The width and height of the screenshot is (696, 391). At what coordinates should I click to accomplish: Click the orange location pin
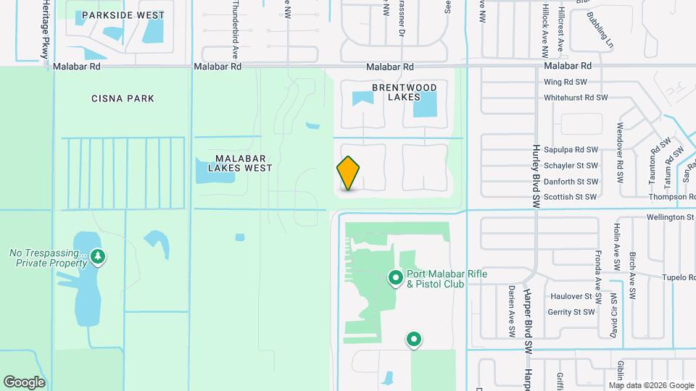[x=349, y=172]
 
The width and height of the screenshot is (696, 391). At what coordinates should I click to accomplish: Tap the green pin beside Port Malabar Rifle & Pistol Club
[x=396, y=277]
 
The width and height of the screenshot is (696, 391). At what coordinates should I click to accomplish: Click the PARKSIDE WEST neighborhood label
[x=123, y=14]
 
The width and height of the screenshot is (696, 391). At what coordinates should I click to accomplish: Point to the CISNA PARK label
[x=123, y=98]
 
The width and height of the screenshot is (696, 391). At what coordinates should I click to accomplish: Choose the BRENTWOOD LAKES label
[x=405, y=92]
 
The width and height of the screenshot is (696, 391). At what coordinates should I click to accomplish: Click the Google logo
[x=24, y=382]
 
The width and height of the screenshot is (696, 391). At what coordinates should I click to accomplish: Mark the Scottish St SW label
[x=570, y=197]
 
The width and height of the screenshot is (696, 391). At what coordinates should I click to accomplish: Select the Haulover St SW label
[x=572, y=297]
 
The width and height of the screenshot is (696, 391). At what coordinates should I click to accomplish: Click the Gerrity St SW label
[x=571, y=312]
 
